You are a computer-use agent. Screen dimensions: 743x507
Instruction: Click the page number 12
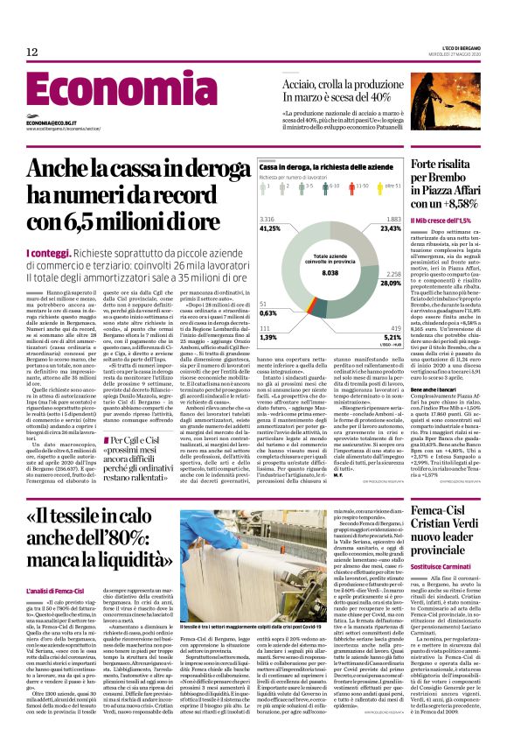pos(31,53)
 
